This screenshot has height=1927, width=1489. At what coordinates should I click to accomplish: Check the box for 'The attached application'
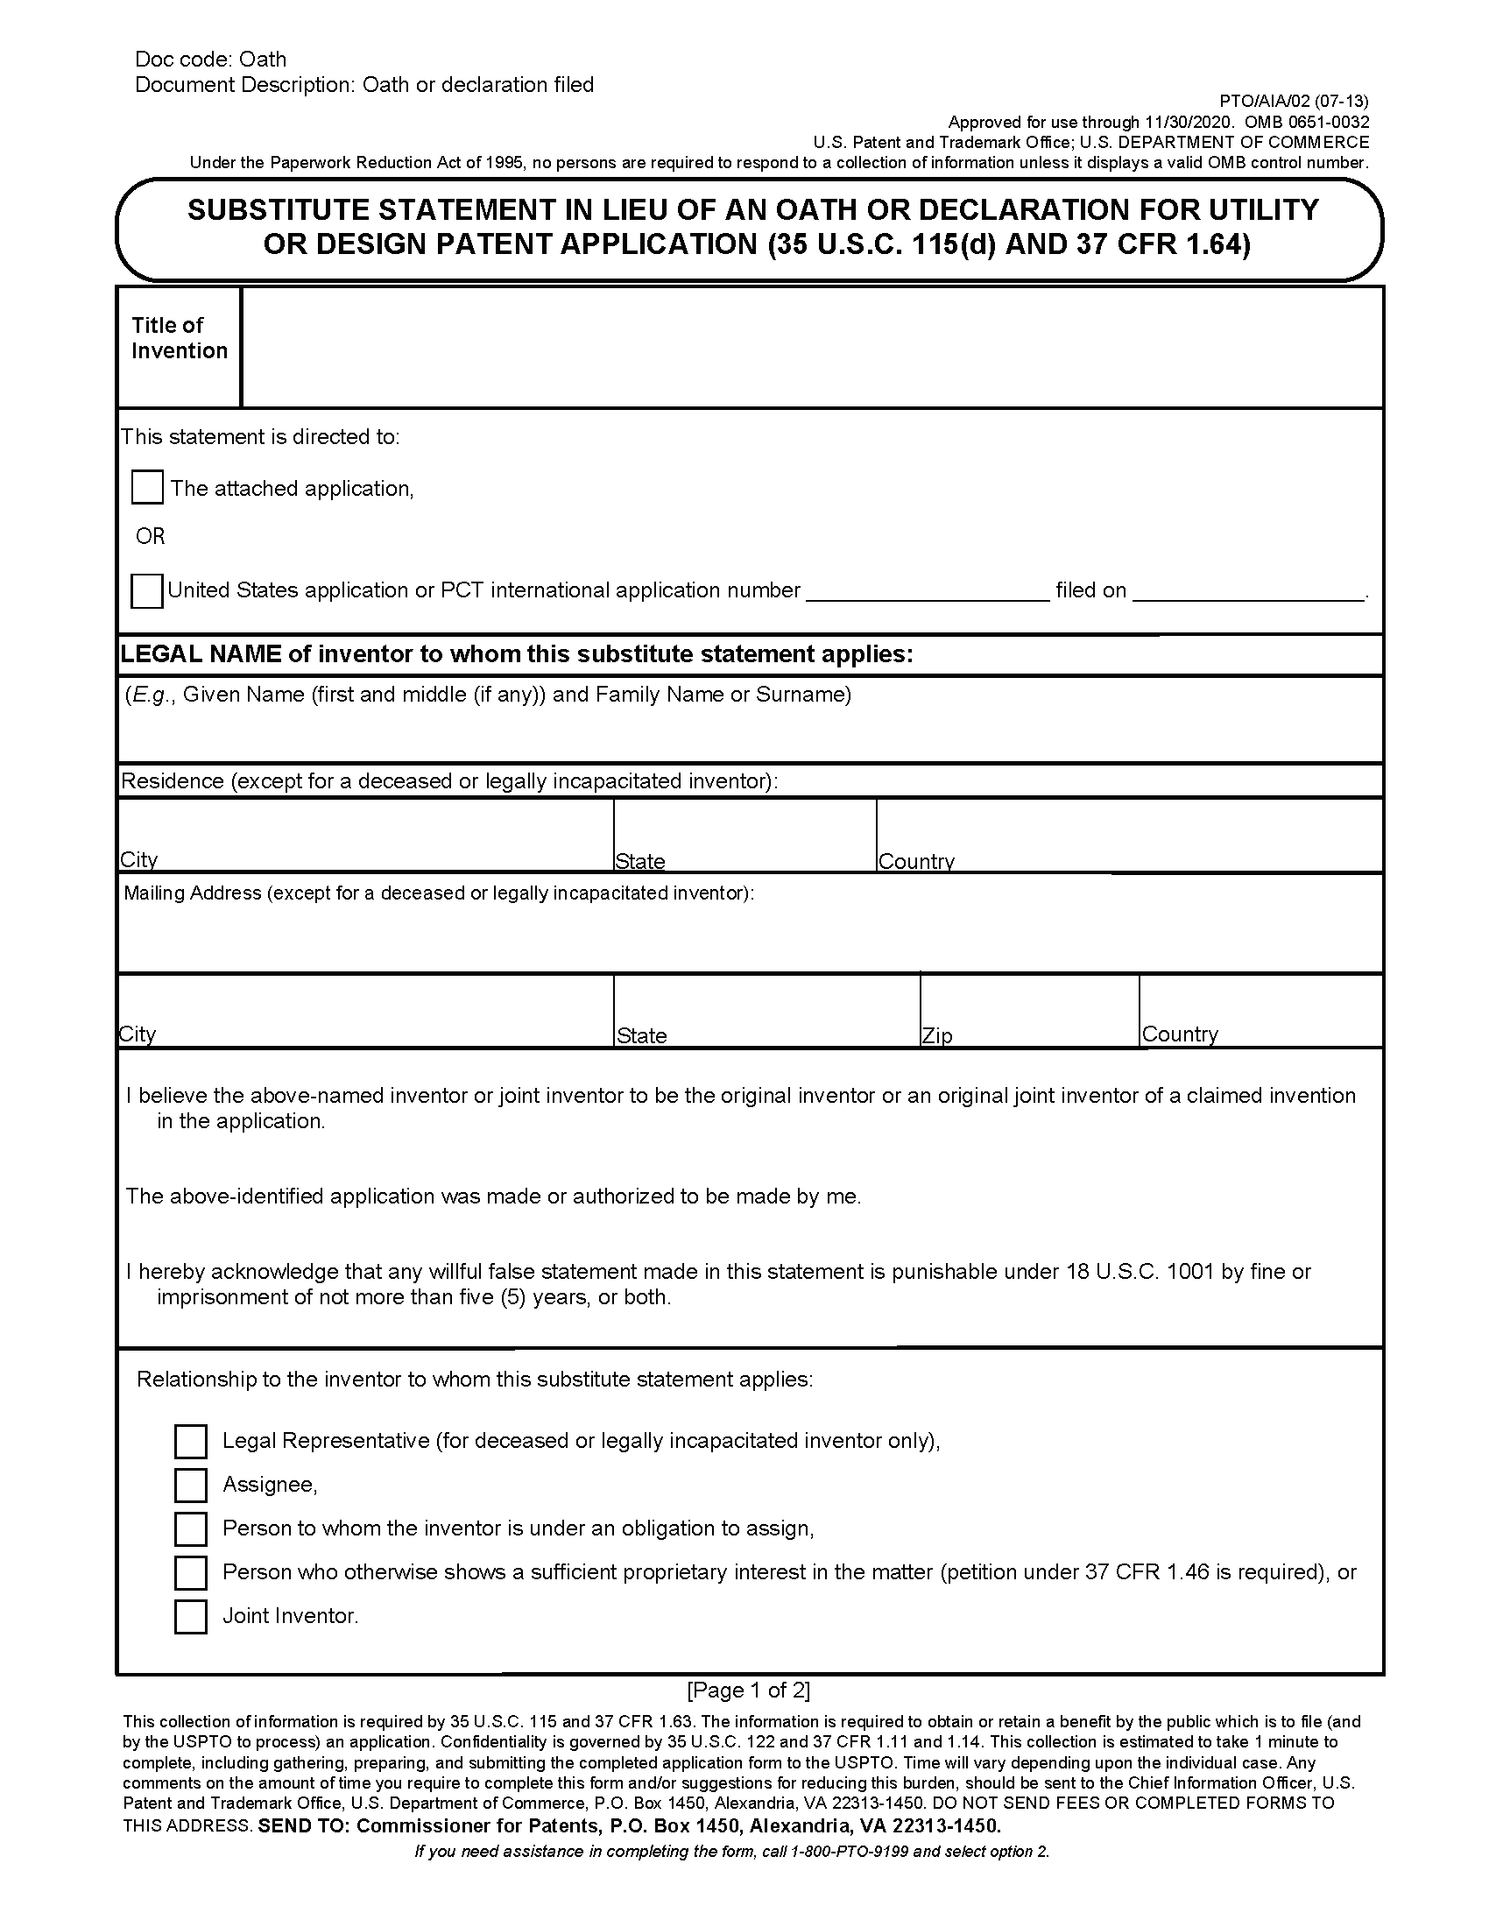(146, 487)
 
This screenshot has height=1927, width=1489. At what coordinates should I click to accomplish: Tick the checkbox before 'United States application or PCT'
(146, 590)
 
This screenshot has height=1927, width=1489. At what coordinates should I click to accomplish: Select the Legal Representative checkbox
(191, 1441)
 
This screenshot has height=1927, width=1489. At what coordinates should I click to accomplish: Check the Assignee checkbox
(191, 1485)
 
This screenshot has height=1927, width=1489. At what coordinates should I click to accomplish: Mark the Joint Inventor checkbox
(191, 1616)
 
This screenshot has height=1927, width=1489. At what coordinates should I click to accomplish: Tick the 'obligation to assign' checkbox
(191, 1528)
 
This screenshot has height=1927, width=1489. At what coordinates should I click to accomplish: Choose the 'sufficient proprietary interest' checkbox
(191, 1572)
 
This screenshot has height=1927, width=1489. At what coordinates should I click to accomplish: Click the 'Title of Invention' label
(179, 338)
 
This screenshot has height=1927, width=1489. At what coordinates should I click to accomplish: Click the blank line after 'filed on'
(1248, 591)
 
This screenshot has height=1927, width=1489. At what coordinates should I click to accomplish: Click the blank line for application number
(927, 591)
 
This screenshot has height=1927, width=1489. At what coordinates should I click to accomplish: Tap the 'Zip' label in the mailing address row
(937, 1035)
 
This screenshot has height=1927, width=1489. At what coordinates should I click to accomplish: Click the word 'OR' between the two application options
(150, 536)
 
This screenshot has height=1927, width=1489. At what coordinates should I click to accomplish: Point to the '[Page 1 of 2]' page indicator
(748, 1690)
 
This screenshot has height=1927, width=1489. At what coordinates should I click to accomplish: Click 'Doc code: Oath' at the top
(211, 59)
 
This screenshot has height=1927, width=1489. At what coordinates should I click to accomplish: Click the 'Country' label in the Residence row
(916, 861)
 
